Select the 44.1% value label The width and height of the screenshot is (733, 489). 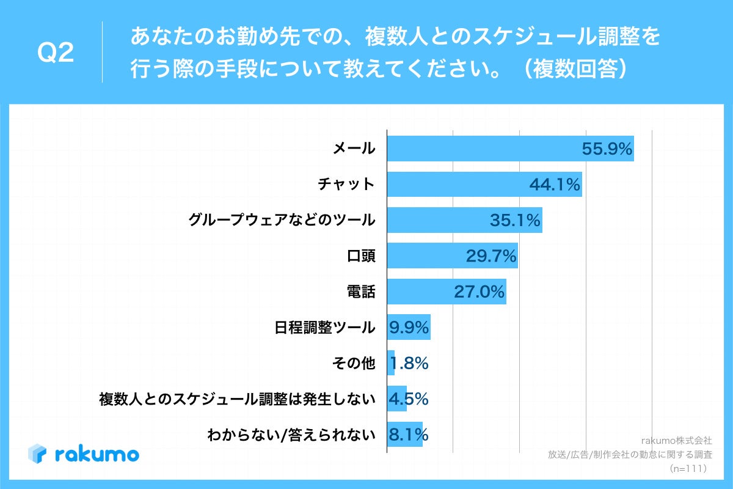pos(554,185)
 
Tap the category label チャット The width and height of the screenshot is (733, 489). pos(346,184)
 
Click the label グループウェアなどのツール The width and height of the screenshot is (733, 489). pos(282,220)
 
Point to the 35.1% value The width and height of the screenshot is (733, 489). pos(515,220)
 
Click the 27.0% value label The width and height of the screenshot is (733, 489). pos(480,292)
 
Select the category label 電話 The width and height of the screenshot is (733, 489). pos(360,292)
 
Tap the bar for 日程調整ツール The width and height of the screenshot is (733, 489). pos(409,327)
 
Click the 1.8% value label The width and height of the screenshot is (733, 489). pos(409,363)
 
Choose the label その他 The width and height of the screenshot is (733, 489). pos(353,363)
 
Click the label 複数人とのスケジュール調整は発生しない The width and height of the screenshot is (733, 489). pos(237,399)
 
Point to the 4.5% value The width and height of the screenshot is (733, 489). pos(409,399)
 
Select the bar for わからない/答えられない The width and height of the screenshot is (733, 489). pos(405,435)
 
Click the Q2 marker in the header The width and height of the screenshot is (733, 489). pos(56,53)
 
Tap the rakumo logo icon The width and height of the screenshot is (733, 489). pos(37,454)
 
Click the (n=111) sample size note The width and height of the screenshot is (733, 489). pos(688,469)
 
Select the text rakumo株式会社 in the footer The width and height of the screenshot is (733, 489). pos(676,440)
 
